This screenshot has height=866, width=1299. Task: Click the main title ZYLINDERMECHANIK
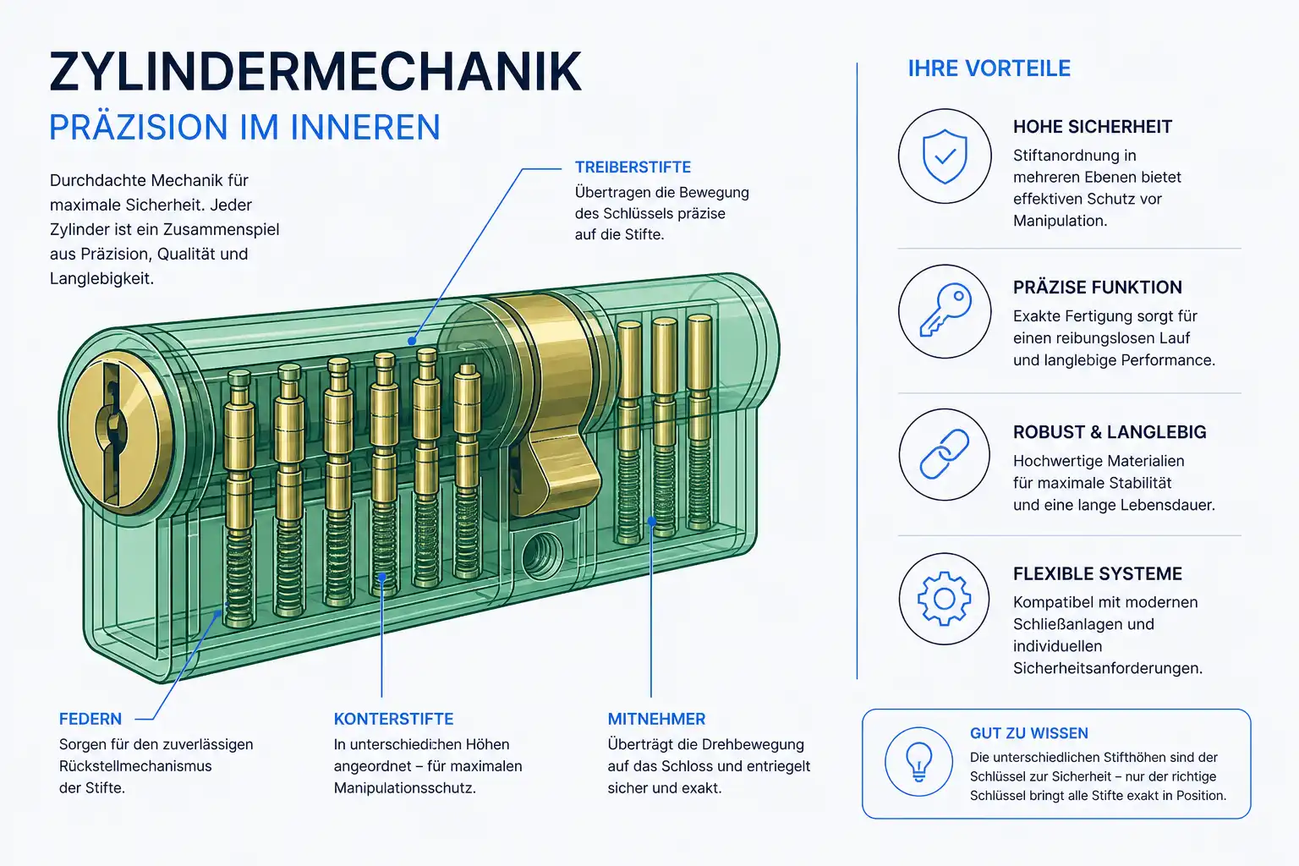point(315,72)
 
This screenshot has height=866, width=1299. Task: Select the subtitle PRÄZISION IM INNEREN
point(244,128)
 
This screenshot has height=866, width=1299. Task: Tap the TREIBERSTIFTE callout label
point(633,167)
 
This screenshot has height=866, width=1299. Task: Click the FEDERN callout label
point(90,719)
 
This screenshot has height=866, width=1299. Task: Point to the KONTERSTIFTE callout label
point(393,719)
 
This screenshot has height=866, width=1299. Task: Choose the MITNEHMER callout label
point(656,719)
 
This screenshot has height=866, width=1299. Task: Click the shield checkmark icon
point(945,156)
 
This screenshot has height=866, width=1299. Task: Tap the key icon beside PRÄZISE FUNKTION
point(945,311)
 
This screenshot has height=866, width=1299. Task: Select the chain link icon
point(945,454)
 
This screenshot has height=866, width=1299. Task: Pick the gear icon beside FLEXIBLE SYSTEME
point(944,599)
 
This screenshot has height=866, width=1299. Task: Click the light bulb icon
point(918,762)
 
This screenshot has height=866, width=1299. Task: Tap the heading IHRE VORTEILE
point(989,69)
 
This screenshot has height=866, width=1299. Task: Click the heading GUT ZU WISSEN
point(1028,733)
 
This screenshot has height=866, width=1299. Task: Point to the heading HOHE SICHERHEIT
point(1093,127)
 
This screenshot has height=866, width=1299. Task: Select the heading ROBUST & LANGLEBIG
point(1110,431)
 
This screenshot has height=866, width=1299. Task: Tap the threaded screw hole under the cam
point(542,555)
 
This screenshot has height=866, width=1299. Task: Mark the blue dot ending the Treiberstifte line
point(412,341)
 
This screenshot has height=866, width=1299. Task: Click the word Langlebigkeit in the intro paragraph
point(101,279)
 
